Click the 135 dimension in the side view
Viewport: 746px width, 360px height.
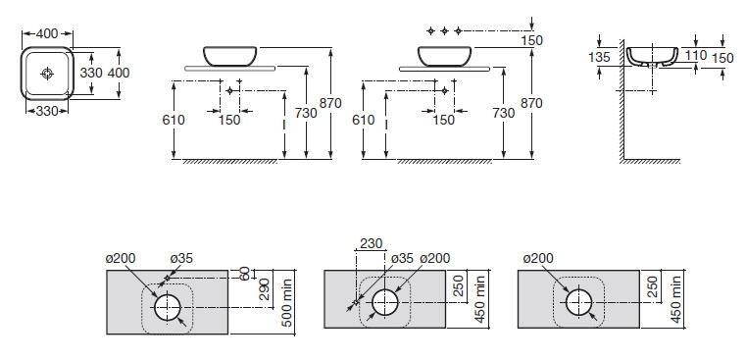[599, 57]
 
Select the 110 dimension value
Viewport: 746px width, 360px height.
[696, 56]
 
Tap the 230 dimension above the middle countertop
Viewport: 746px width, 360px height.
[372, 244]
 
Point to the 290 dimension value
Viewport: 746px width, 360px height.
[265, 288]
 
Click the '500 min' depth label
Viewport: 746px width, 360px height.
[286, 303]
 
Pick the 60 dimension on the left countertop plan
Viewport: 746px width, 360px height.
[246, 274]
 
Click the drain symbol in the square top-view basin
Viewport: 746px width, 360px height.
[47, 74]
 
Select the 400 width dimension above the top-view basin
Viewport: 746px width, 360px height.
[47, 33]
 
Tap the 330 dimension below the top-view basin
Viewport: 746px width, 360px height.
[47, 112]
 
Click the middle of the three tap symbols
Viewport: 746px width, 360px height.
[444, 31]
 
